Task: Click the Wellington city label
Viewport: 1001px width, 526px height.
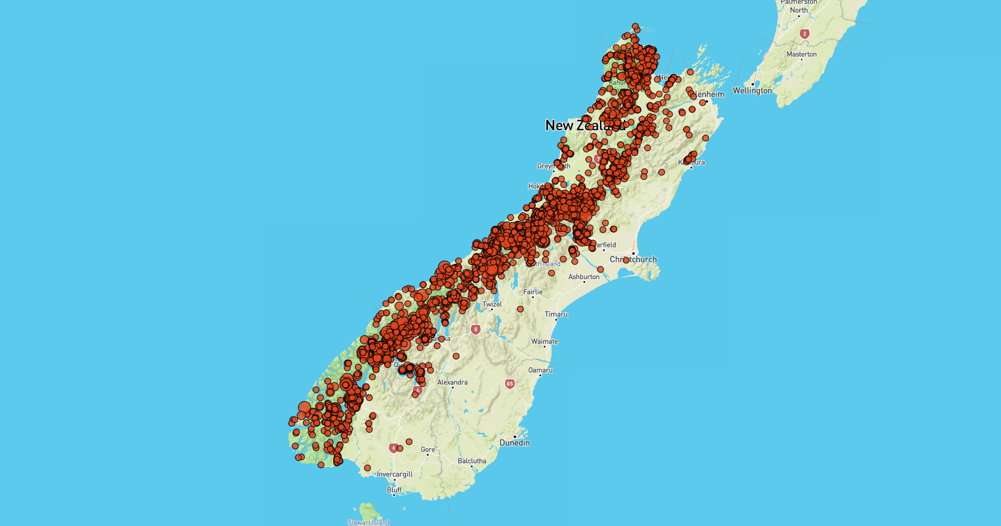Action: point(752,90)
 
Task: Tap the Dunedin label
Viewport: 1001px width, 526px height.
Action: point(514,443)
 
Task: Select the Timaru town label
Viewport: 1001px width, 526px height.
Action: point(556,314)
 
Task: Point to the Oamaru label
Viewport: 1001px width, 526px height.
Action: point(540,370)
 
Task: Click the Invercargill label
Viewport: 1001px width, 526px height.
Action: point(394,474)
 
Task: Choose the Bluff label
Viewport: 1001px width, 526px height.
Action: point(394,490)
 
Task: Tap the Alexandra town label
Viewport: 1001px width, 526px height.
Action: point(452,382)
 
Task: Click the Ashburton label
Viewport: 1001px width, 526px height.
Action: point(584,277)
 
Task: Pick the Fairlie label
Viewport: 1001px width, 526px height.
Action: point(533,292)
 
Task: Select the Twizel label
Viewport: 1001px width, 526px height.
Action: point(492,304)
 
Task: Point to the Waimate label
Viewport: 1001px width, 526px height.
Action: point(544,342)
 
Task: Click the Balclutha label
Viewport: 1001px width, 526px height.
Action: point(471,461)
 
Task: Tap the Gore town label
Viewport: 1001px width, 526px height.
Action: point(427,450)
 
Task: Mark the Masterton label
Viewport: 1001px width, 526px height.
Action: point(801,54)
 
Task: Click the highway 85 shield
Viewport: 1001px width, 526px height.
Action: point(509,384)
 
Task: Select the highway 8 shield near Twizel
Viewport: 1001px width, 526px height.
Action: point(476,329)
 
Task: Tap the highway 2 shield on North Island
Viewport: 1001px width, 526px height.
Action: point(805,34)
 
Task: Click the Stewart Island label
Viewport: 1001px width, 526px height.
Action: point(368,522)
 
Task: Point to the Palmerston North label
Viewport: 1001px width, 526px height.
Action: point(799,6)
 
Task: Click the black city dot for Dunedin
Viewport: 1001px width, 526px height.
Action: point(515,436)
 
